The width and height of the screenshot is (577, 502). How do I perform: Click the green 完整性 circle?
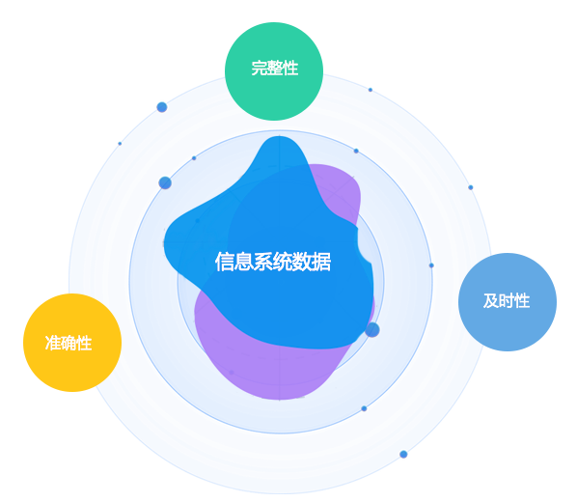pos(274,71)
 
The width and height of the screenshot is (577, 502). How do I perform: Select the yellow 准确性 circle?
pos(72,343)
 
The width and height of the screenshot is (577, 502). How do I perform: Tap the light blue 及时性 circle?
pos(508,302)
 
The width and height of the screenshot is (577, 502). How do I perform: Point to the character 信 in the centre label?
pos(225,262)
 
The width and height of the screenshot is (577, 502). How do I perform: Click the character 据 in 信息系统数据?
pos(321,262)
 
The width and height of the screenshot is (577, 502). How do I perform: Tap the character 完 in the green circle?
pos(259,69)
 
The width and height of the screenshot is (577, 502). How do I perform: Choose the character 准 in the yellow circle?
pos(53,344)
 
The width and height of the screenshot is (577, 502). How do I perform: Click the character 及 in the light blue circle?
pos(491,301)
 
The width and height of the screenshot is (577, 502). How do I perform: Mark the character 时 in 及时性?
pos(507,301)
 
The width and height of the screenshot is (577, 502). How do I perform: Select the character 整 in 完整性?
pos(275,69)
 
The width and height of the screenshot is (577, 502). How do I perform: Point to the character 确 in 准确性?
pos(69,344)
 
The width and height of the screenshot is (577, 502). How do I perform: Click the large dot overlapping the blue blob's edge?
pos(372,329)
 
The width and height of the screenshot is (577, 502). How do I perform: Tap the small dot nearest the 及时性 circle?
pos(431,265)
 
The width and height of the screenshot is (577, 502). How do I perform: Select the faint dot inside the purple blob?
pos(232,373)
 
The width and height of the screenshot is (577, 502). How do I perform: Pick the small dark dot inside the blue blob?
pos(198,221)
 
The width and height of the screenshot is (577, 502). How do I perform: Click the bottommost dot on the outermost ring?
pos(403,455)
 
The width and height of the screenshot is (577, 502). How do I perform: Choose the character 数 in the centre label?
pos(302,262)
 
